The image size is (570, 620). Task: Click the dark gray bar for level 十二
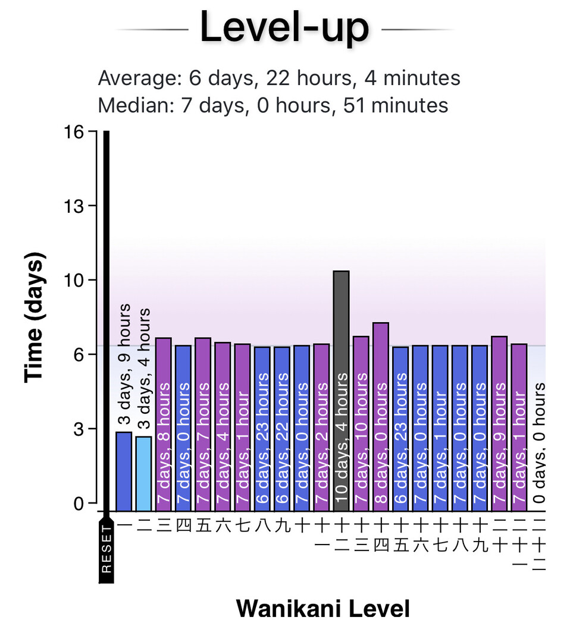click(341, 390)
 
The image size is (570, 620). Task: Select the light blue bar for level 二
click(143, 473)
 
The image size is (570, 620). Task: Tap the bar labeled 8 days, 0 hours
click(381, 416)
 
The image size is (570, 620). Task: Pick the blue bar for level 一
click(124, 471)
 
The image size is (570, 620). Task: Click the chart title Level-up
click(284, 27)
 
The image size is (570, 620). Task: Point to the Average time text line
click(278, 78)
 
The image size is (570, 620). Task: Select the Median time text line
click(273, 105)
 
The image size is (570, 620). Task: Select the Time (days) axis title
click(35, 317)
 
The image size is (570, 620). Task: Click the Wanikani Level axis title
click(322, 608)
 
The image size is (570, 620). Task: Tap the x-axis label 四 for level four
click(183, 525)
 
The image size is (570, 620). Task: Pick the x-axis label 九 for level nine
click(282, 525)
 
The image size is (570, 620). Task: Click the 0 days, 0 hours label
click(538, 443)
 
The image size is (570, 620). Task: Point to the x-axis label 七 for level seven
click(242, 525)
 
